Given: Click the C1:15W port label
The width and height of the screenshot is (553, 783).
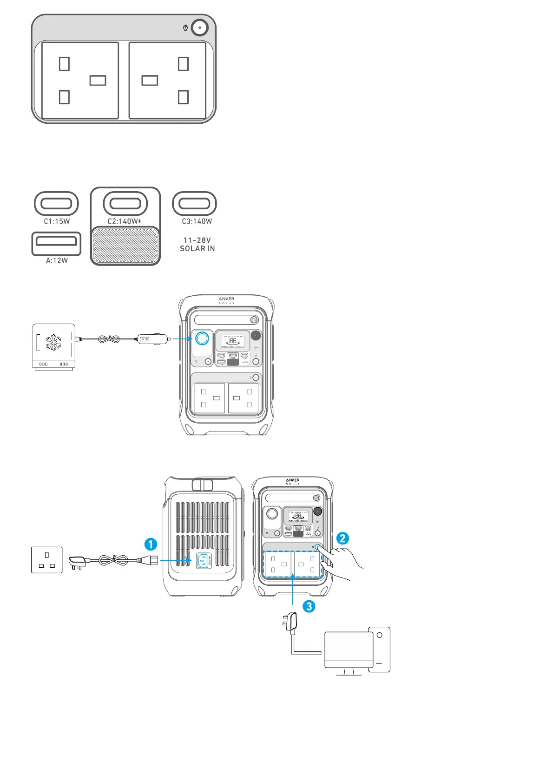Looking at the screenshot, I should click(x=57, y=221).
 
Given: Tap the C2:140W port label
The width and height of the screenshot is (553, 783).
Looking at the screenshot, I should click(x=124, y=221).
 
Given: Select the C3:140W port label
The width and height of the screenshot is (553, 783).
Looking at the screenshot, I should click(x=197, y=221).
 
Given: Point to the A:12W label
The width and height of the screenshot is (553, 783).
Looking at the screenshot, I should click(x=57, y=260).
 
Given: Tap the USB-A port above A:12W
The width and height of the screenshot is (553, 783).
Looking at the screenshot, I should click(x=56, y=244).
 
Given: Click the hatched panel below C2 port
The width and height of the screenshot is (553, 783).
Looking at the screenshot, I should click(x=125, y=246).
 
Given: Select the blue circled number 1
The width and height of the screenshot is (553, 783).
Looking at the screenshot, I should click(x=151, y=544).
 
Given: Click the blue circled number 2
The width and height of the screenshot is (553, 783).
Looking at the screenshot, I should click(x=342, y=538).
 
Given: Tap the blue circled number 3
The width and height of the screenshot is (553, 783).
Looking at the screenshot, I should click(x=309, y=606).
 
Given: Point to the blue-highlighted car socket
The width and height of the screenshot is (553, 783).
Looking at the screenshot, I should click(x=202, y=338).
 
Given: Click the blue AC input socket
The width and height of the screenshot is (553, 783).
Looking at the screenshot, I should click(x=203, y=561).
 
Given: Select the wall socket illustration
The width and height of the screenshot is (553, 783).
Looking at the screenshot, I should click(x=46, y=560).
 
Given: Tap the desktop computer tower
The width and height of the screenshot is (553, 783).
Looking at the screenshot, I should click(x=379, y=649).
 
